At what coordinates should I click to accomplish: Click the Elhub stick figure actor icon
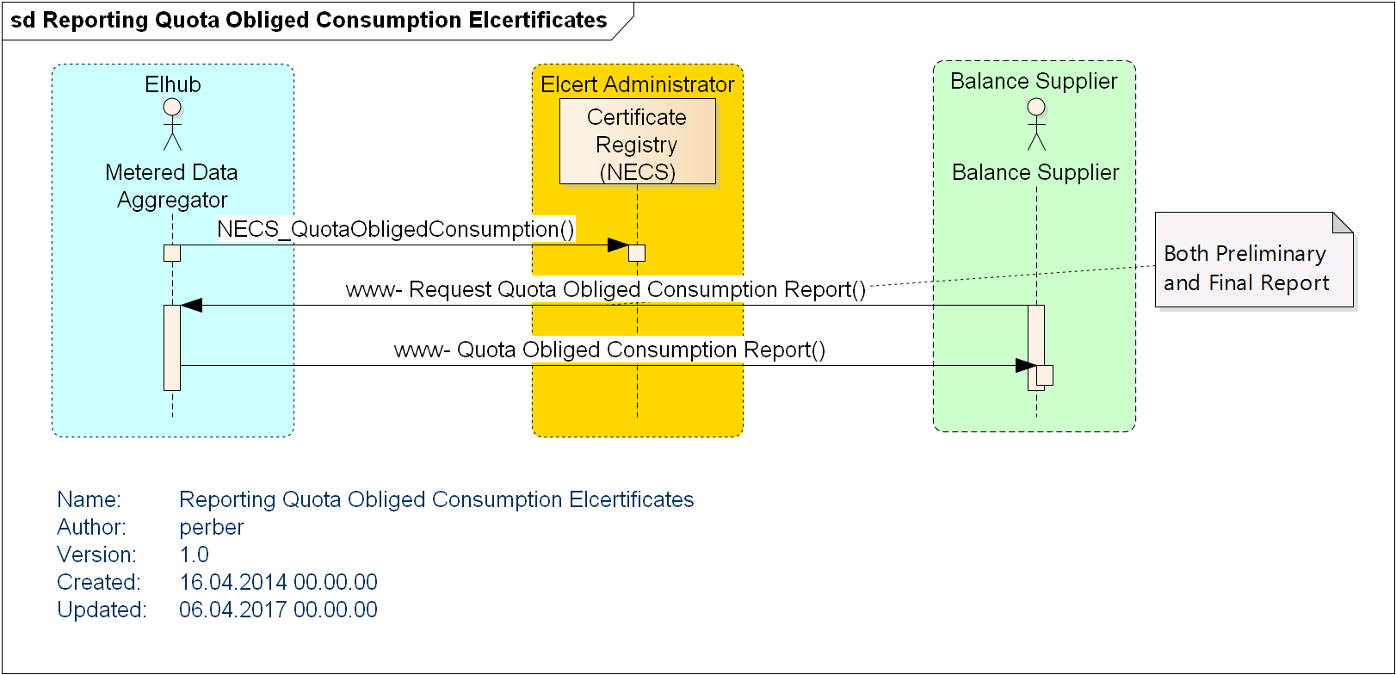(x=172, y=124)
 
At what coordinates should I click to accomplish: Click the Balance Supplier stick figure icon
(x=1036, y=124)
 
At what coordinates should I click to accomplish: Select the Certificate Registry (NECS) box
(x=637, y=142)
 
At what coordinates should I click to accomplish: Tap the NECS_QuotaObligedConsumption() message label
(x=395, y=229)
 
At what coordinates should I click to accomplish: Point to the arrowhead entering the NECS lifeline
(x=618, y=245)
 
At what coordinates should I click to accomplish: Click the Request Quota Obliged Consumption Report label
(x=605, y=289)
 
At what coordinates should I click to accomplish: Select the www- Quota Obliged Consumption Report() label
(x=609, y=350)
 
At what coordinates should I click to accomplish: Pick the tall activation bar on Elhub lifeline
(x=172, y=347)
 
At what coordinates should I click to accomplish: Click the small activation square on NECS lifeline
(x=637, y=253)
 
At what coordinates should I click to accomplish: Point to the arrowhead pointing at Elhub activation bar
(x=192, y=305)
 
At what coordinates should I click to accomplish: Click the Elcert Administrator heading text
(x=637, y=84)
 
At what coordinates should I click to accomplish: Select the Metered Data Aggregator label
(x=172, y=186)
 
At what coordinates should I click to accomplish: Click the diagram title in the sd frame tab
(x=308, y=21)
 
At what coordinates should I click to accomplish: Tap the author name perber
(x=212, y=527)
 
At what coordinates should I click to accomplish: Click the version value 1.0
(x=195, y=554)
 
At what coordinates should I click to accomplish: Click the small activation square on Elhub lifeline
(x=172, y=253)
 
